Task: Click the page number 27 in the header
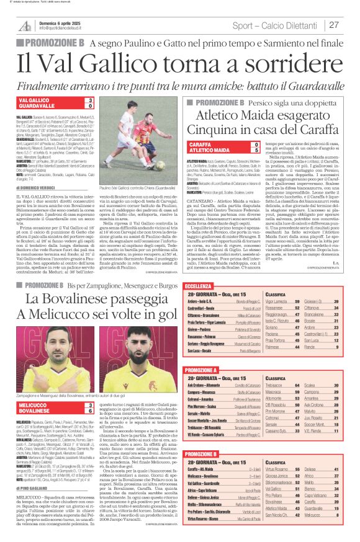(x=334, y=25)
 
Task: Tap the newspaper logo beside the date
(x=25, y=25)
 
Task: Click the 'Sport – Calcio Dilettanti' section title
(x=278, y=25)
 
